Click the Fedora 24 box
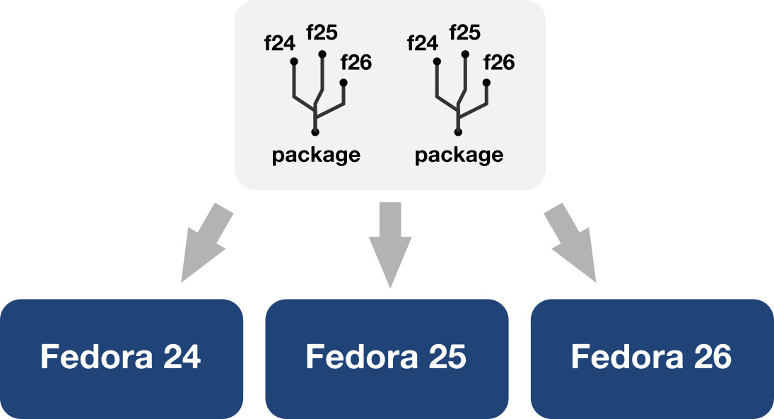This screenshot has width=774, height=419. click(122, 358)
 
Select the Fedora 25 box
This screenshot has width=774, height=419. click(387, 358)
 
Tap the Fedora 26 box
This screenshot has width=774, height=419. click(652, 358)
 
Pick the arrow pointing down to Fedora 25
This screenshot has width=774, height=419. click(389, 244)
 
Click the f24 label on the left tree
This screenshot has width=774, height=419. click(279, 44)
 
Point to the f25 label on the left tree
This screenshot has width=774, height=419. click(322, 32)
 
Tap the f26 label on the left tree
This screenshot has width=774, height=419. click(356, 63)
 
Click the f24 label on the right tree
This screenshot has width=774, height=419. click(423, 44)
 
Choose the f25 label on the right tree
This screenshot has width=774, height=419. click(464, 32)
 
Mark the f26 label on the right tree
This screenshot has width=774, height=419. click(499, 63)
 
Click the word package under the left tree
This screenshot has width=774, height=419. click(316, 155)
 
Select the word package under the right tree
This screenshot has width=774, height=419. click(459, 155)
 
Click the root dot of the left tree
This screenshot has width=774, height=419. click(315, 132)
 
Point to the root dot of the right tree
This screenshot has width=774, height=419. click(459, 132)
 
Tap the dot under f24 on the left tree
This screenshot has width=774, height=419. click(294, 62)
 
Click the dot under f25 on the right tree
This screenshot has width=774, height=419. click(466, 54)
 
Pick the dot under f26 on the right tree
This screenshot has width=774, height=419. click(487, 83)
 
